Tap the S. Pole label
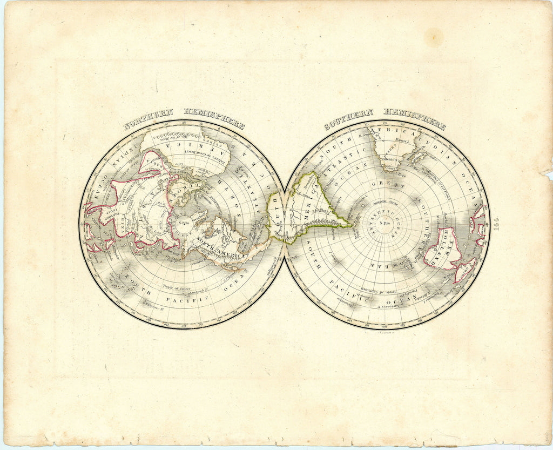click(x=384, y=223)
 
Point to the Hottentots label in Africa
click(x=389, y=160)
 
